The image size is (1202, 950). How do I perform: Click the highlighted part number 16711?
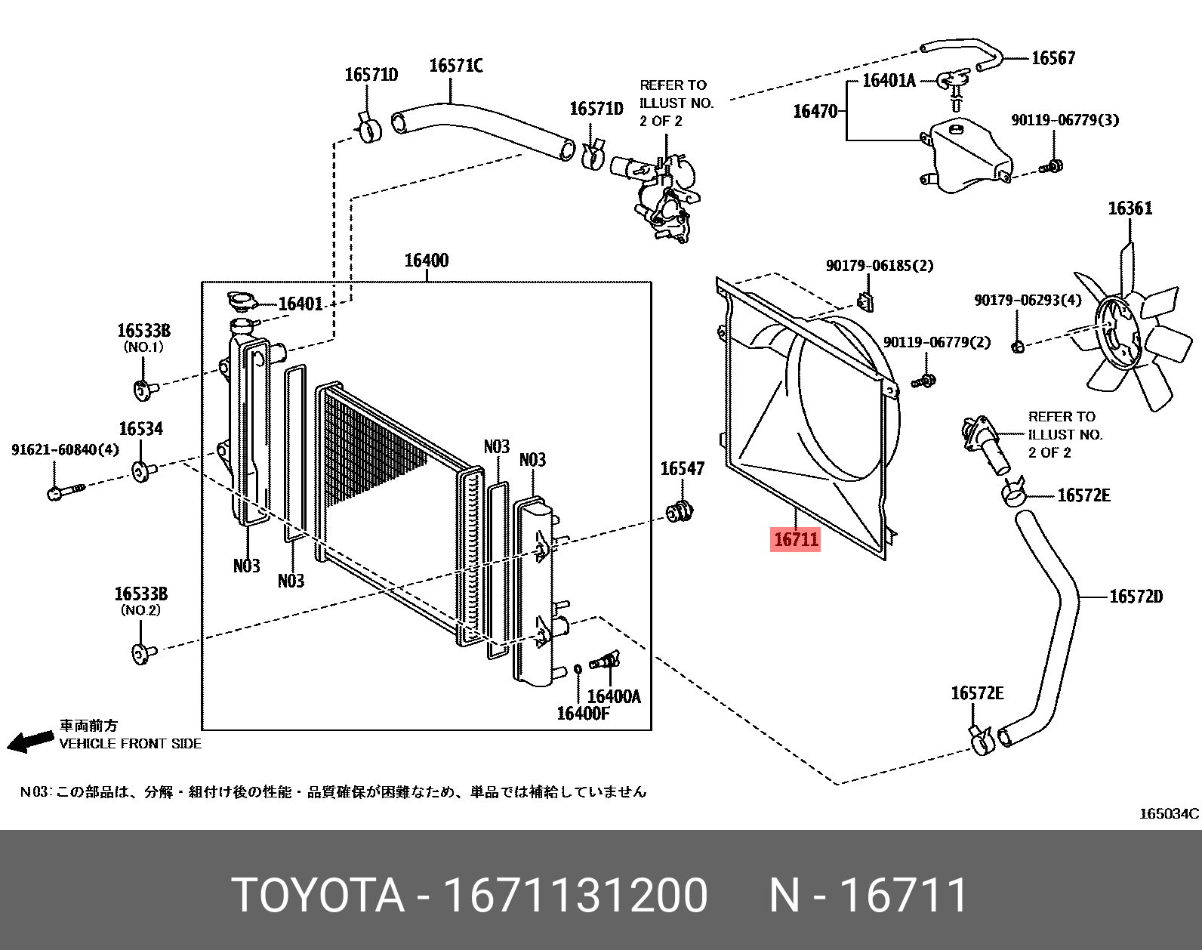(x=796, y=539)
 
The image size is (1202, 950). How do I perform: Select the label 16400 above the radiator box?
(x=427, y=261)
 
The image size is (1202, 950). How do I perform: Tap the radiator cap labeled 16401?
(x=242, y=302)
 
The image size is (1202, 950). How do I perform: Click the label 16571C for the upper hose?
(x=456, y=66)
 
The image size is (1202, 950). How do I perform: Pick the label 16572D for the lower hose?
(x=1136, y=597)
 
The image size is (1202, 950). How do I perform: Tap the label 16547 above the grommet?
(x=682, y=469)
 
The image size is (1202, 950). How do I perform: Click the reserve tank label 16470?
(x=815, y=112)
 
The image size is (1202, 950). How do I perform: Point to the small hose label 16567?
(x=1053, y=58)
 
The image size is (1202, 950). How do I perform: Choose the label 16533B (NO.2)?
(x=140, y=595)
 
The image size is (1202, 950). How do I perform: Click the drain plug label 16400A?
(x=613, y=696)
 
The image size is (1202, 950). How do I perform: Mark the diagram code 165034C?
(x=1168, y=814)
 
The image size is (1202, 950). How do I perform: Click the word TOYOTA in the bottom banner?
(x=317, y=896)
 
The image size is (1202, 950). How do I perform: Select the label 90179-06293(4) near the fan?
(x=1028, y=301)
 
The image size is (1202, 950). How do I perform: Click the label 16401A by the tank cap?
(x=889, y=81)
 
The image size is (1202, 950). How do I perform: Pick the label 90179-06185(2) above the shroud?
(x=879, y=266)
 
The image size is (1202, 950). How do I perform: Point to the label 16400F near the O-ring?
(x=582, y=714)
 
